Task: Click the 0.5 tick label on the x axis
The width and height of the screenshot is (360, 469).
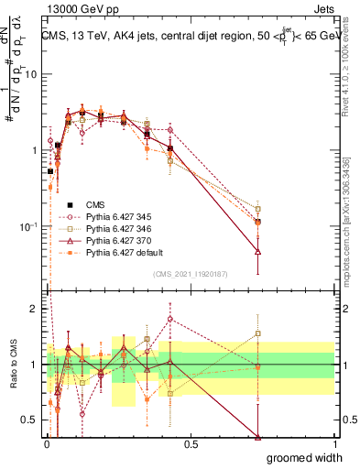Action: click(191, 443)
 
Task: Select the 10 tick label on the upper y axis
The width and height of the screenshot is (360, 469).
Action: click(30, 74)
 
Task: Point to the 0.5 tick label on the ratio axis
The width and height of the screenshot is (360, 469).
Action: click(28, 420)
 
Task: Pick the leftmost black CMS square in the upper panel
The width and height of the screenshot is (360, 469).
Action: click(50, 171)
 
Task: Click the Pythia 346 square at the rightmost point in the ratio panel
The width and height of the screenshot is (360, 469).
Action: click(258, 333)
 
